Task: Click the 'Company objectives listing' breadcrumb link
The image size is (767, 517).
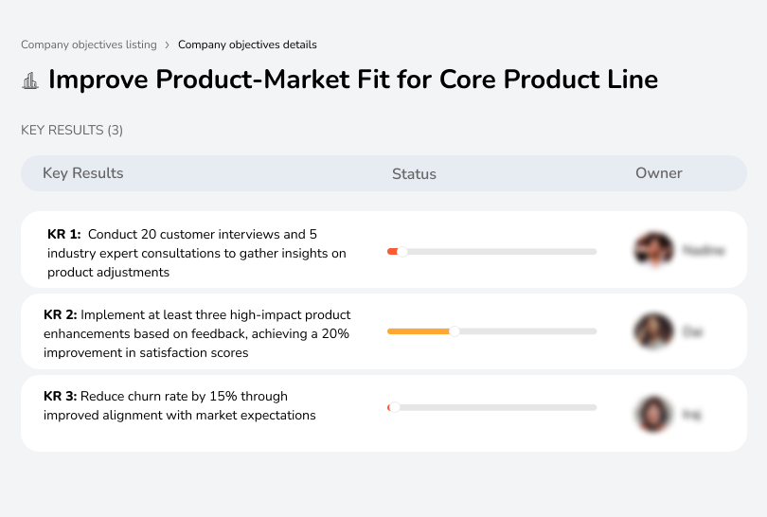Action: click(89, 45)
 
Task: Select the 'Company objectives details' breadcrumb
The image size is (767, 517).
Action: click(247, 45)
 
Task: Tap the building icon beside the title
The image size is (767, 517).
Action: click(30, 80)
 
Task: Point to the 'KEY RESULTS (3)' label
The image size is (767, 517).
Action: click(72, 130)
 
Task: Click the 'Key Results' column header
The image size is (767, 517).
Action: click(83, 173)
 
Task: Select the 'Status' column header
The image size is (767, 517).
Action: click(414, 174)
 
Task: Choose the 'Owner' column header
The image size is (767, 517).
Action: click(659, 173)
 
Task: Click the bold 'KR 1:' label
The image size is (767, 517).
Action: click(64, 234)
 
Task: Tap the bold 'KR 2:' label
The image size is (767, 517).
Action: click(61, 314)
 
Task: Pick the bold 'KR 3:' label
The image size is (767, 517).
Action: click(61, 396)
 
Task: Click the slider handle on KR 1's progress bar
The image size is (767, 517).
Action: click(402, 251)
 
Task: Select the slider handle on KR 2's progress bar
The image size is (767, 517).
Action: click(455, 331)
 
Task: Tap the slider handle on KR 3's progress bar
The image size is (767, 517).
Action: click(394, 407)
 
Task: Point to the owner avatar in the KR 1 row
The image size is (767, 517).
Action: click(653, 250)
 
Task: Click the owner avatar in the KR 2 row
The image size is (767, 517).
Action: click(653, 331)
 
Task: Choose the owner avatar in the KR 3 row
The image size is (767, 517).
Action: click(653, 414)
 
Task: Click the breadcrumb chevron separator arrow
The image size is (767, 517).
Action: click(168, 45)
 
